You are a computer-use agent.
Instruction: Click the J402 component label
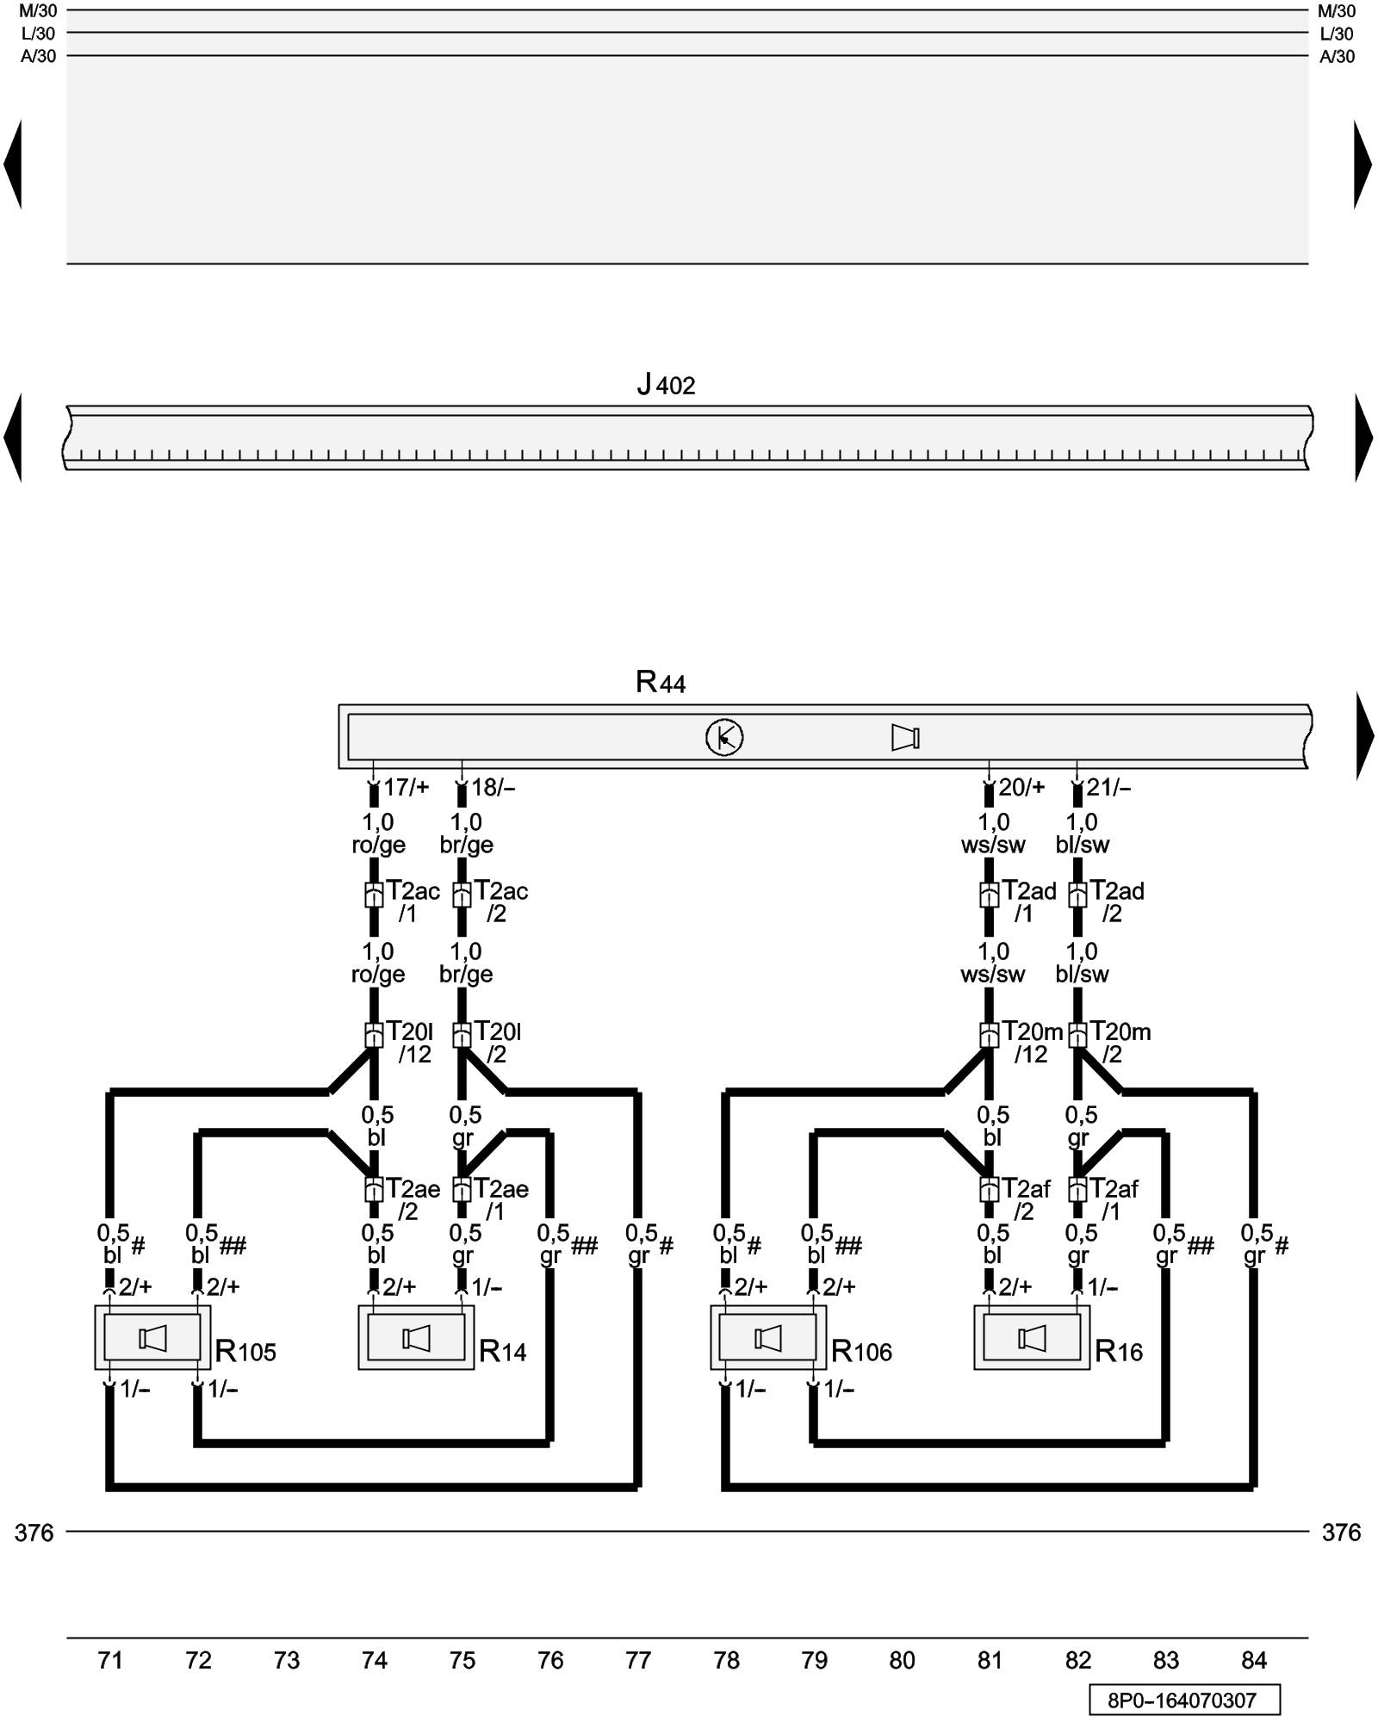tap(666, 385)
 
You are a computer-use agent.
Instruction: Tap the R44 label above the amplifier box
tap(660, 682)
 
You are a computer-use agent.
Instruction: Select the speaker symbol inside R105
tap(152, 1338)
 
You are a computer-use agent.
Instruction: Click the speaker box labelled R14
tap(416, 1338)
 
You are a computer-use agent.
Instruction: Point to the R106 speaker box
tap(767, 1338)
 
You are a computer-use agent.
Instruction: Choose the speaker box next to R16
tap(1031, 1338)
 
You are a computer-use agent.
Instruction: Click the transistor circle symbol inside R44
tap(724, 737)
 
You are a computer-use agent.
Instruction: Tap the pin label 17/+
tap(406, 787)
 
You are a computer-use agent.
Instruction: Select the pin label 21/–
tap(1108, 787)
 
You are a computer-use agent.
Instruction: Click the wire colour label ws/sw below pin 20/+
tap(993, 845)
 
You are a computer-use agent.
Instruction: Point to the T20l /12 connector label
tap(411, 1042)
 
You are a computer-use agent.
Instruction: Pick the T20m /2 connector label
tap(1119, 1042)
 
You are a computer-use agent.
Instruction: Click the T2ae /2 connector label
tap(413, 1199)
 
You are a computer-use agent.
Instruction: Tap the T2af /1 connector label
tap(1114, 1199)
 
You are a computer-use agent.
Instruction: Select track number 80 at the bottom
tap(902, 1660)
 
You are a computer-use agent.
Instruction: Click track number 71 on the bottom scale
tap(110, 1660)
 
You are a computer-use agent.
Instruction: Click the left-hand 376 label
tap(34, 1533)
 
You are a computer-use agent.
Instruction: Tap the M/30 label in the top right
tap(1337, 11)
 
